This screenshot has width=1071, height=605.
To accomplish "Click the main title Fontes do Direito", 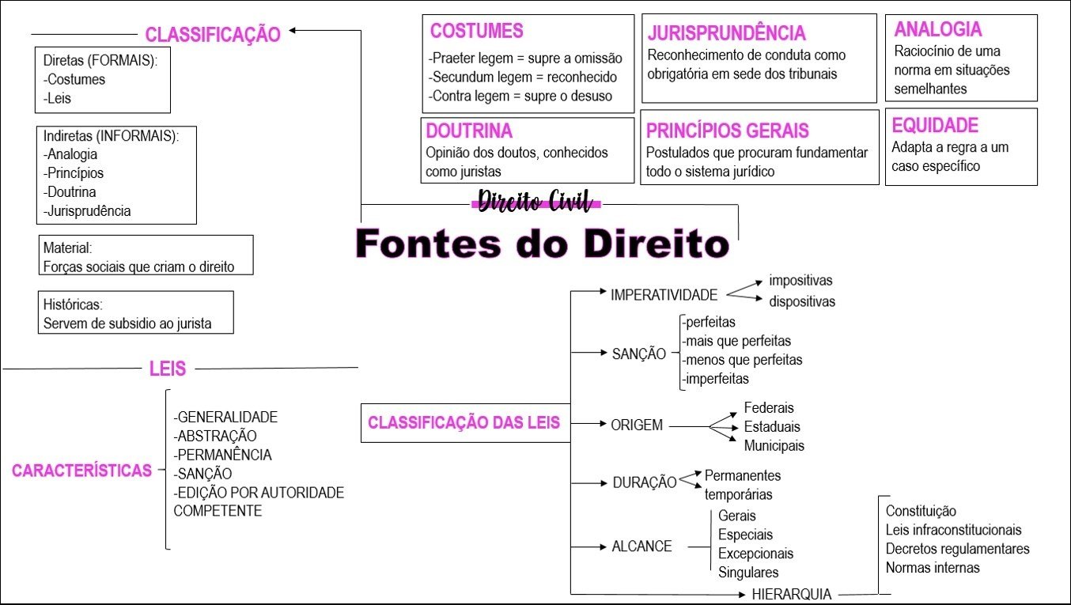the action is (x=543, y=244).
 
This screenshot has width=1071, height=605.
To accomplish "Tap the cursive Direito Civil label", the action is (x=535, y=201).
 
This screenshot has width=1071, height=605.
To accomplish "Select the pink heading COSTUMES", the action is (x=477, y=31).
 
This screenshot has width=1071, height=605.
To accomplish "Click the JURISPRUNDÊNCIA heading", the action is (x=727, y=33).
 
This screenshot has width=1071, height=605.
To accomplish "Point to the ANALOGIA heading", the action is (x=938, y=29).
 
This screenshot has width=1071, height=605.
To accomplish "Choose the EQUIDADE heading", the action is (x=935, y=125).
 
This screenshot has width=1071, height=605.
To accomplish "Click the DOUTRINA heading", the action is (x=469, y=130).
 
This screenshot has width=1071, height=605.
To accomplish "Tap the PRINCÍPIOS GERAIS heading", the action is (x=727, y=130).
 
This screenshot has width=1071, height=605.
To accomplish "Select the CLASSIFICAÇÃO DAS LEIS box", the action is (x=465, y=423).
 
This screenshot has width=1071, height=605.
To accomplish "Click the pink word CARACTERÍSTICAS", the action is (x=81, y=471).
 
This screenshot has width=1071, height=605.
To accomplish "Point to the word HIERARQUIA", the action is (x=791, y=594).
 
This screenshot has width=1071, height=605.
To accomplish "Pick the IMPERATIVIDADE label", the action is (x=664, y=295).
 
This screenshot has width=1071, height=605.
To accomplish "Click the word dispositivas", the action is (x=802, y=301).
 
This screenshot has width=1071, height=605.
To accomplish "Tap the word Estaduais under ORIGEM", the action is (x=772, y=426).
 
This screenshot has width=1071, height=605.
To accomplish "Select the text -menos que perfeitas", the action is (x=742, y=359).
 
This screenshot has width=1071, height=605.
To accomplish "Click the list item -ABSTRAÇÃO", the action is (x=215, y=436).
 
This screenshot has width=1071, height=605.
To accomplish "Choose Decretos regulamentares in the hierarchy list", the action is (x=957, y=549).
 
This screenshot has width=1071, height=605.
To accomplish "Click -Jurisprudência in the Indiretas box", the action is (x=87, y=210).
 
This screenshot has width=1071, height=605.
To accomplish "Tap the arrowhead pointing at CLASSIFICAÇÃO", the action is (x=292, y=31).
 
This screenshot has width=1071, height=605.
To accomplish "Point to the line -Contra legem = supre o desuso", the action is (x=520, y=96).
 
